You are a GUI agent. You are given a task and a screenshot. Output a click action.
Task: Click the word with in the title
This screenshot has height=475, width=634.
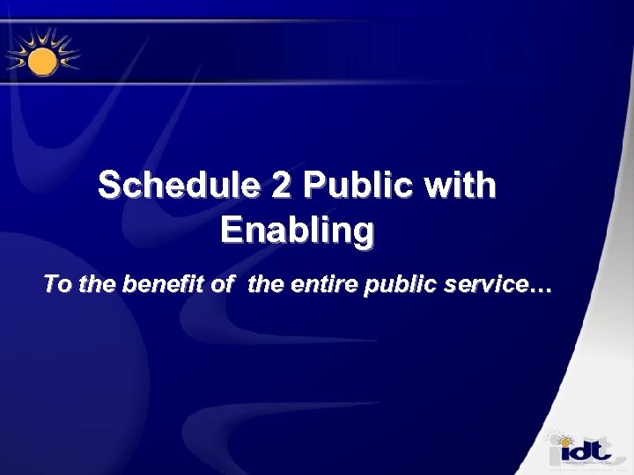pos(461,186)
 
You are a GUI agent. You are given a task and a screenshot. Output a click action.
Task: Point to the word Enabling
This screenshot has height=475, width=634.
pos(297,230)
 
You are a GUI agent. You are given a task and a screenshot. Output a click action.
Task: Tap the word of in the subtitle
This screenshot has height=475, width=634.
pos(225,285)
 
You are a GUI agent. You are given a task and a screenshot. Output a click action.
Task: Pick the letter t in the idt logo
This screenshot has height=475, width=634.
pos(601,450)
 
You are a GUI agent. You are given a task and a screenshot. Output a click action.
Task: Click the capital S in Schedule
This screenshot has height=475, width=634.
pos(110,186)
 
